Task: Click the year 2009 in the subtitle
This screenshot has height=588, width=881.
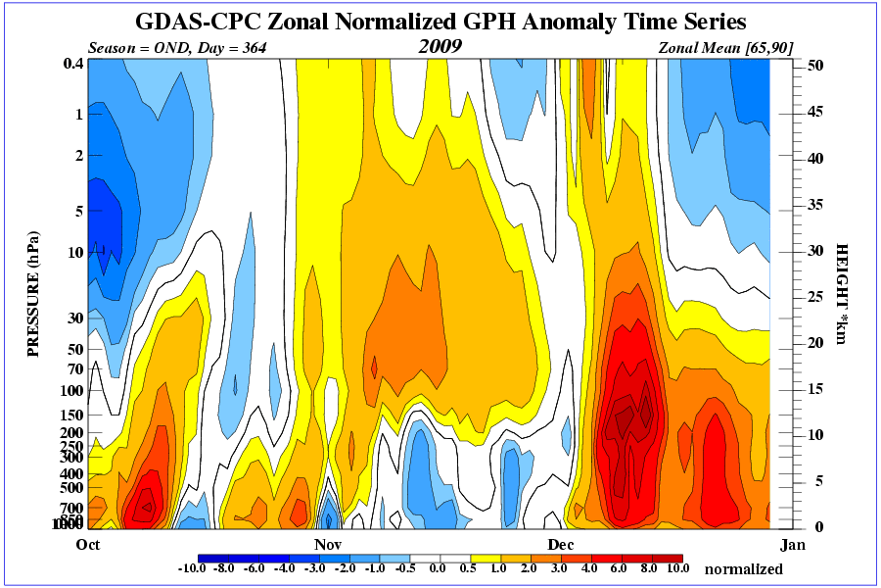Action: [x=440, y=46]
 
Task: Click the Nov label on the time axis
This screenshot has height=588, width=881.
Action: [x=327, y=543]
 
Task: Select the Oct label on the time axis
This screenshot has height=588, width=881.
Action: [x=88, y=543]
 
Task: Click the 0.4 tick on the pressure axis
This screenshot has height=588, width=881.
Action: [x=71, y=64]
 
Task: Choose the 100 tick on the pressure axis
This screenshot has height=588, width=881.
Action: [x=71, y=390]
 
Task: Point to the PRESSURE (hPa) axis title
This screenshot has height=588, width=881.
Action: [x=33, y=293]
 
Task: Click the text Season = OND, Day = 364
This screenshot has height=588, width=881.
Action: [x=177, y=47]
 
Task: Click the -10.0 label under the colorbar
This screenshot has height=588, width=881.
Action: [x=191, y=567]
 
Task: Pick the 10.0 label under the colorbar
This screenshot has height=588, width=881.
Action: [x=677, y=567]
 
